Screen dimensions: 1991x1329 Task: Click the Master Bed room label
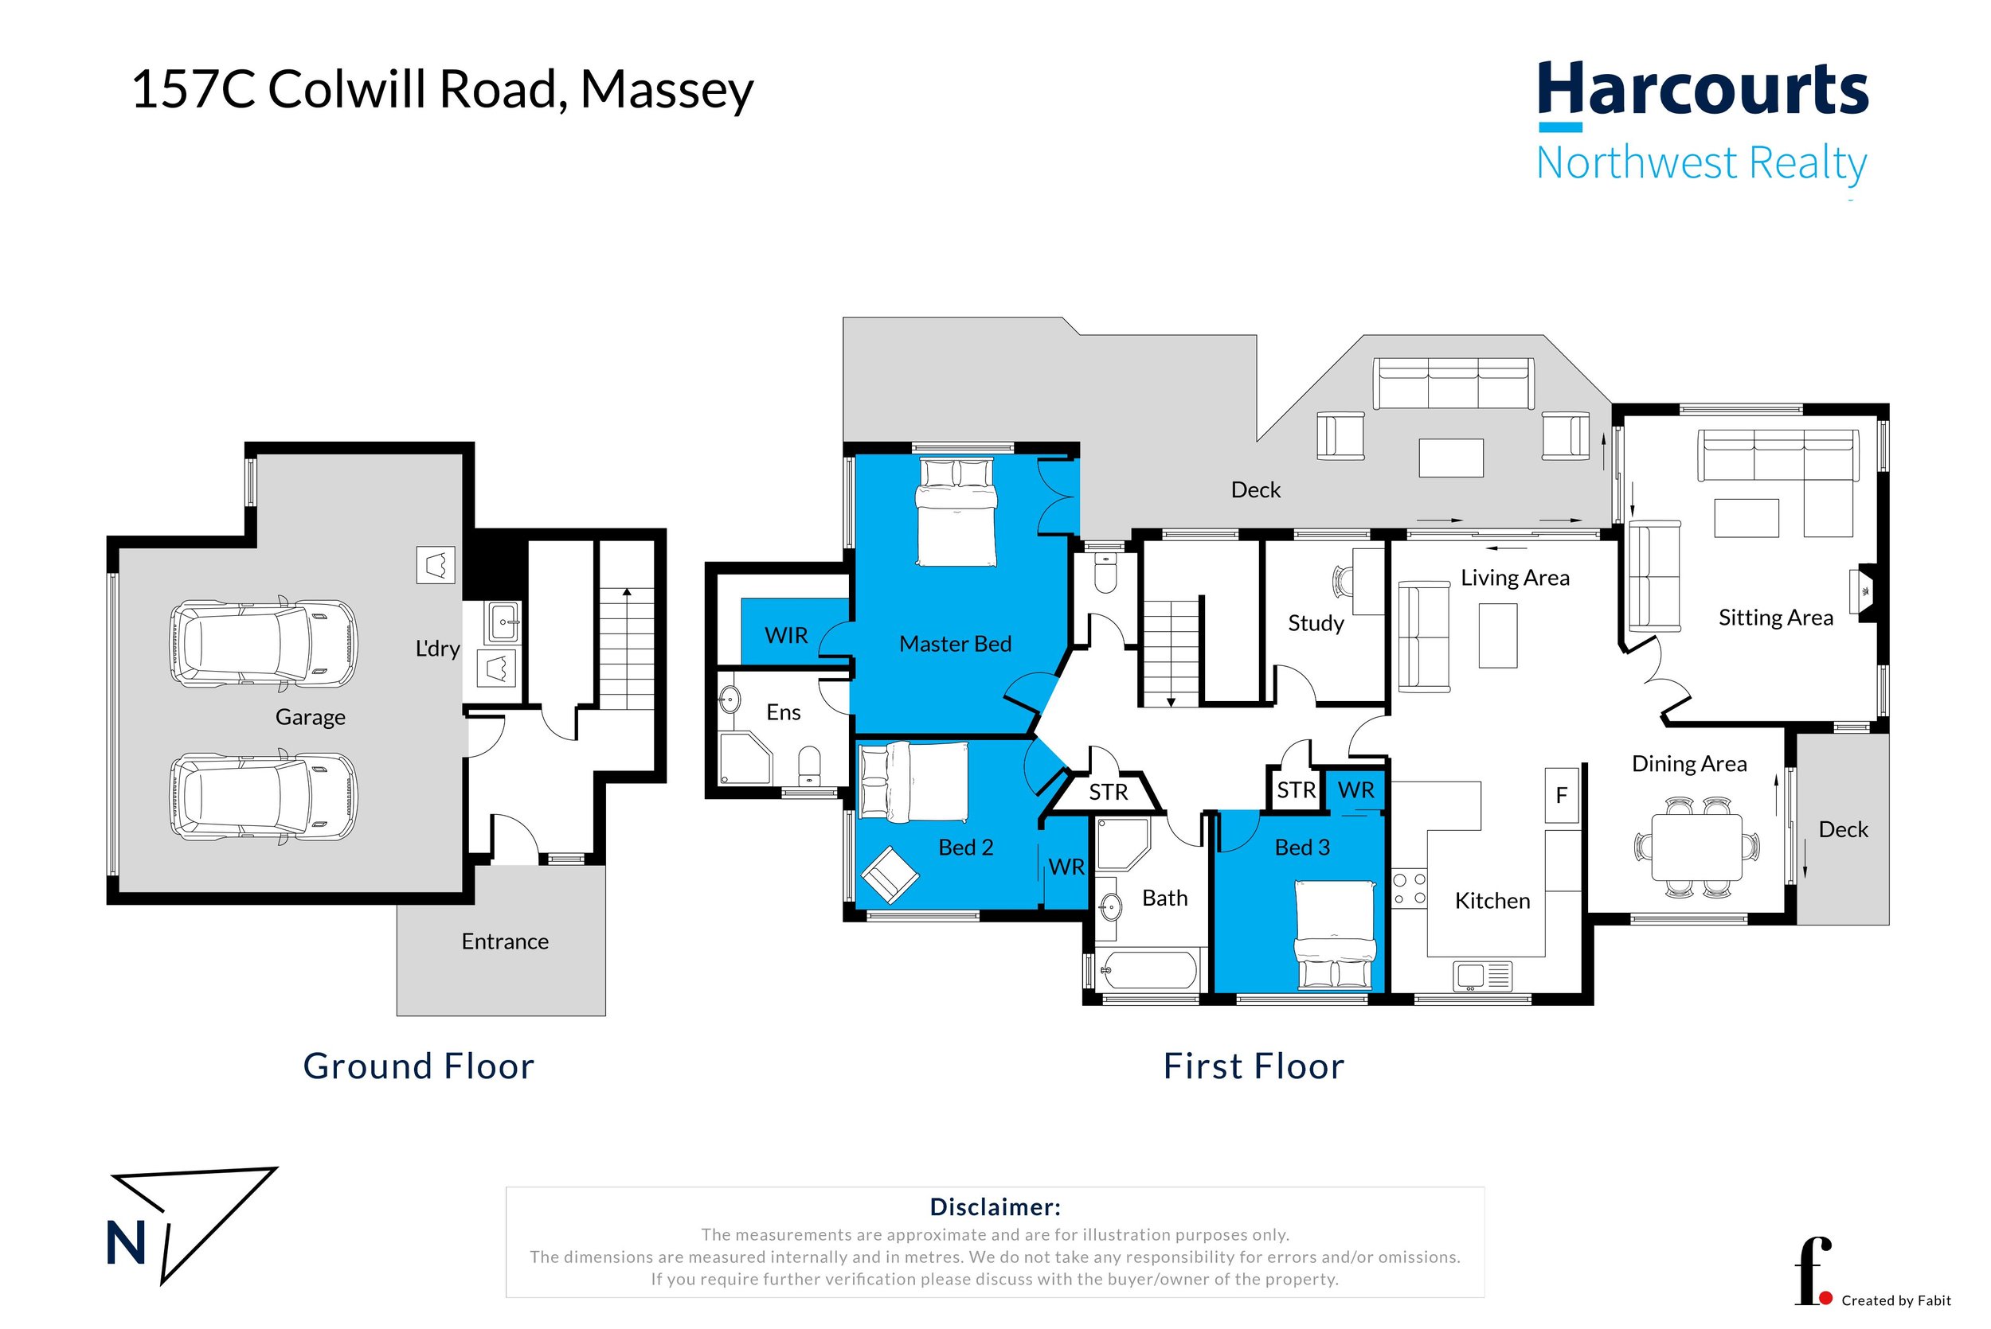pyautogui.click(x=956, y=644)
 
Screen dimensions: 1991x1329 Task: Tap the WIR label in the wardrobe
pyautogui.click(x=786, y=636)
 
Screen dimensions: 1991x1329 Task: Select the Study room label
pyautogui.click(x=1316, y=624)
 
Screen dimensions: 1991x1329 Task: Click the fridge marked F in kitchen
pyautogui.click(x=1562, y=795)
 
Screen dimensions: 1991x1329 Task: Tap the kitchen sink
pyautogui.click(x=1482, y=976)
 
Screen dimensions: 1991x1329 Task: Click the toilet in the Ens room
pyautogui.click(x=810, y=766)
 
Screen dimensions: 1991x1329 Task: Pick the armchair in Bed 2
pyautogui.click(x=889, y=875)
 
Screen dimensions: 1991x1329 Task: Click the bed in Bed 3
pyautogui.click(x=1335, y=935)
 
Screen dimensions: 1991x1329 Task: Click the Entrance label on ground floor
pyautogui.click(x=505, y=941)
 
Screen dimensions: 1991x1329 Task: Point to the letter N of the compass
pyautogui.click(x=127, y=1243)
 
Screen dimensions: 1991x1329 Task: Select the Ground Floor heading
pyautogui.click(x=419, y=1066)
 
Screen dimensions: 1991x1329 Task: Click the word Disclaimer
pyautogui.click(x=995, y=1207)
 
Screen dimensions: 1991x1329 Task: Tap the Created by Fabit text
pyautogui.click(x=1896, y=1301)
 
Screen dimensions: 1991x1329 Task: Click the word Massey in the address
pyautogui.click(x=667, y=91)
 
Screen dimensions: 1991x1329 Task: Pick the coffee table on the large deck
pyautogui.click(x=1451, y=458)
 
